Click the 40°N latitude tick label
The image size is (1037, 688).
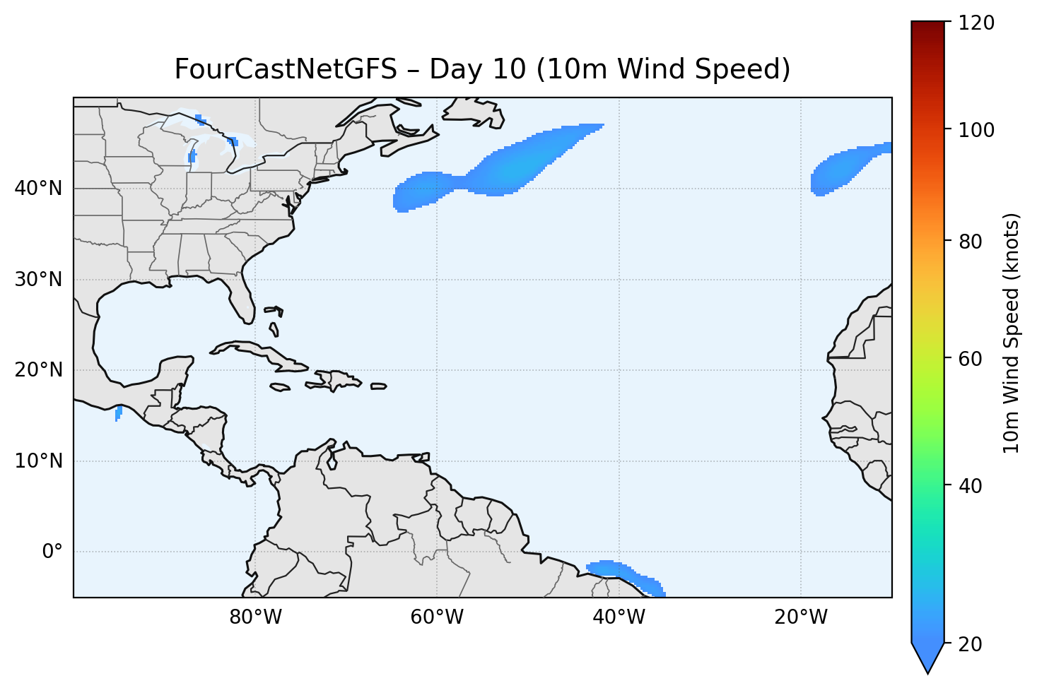38,189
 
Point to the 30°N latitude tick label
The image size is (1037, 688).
38,280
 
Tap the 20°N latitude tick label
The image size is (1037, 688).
38,370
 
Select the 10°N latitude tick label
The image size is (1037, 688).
38,461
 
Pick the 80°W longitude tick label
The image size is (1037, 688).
255,617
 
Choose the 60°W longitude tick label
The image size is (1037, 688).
437,617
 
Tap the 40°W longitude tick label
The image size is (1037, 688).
619,617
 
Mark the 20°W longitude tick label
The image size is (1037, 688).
800,617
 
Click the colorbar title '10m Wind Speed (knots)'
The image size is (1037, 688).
1012,333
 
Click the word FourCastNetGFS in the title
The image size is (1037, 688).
286,70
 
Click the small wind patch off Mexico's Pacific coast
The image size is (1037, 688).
118,413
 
